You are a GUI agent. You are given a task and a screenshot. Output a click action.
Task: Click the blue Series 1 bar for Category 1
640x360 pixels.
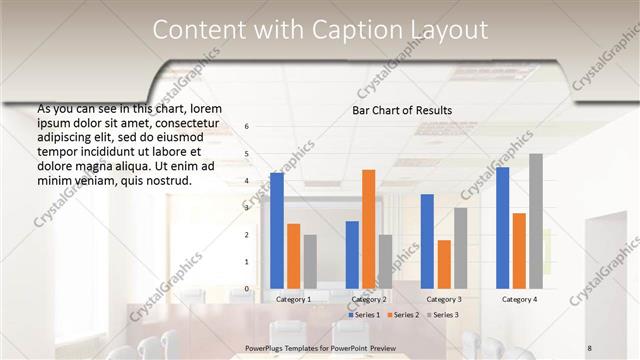[x=277, y=231]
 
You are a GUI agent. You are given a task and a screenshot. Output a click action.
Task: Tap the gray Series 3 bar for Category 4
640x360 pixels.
[x=536, y=221]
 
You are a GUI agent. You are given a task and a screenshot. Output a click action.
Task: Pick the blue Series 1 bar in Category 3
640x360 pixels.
[x=427, y=241]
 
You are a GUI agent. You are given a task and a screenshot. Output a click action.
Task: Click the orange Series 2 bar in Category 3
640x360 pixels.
[x=444, y=264]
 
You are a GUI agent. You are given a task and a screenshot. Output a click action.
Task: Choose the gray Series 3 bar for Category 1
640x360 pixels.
[x=310, y=261]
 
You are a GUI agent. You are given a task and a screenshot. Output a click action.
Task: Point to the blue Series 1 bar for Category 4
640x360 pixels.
[x=503, y=228]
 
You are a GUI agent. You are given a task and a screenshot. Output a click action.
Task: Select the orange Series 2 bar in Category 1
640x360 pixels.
[x=293, y=256]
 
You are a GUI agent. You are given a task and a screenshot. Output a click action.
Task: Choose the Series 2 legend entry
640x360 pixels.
[x=402, y=315]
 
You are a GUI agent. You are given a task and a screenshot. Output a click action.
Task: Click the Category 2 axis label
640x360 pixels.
[x=368, y=299]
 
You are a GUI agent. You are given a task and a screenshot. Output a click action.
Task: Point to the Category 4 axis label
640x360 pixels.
[x=519, y=299]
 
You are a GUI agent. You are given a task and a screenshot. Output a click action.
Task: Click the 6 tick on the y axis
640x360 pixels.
[x=247, y=126]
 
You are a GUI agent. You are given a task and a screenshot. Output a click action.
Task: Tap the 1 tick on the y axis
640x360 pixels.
[x=247, y=262]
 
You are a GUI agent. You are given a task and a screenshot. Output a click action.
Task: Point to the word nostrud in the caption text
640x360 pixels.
[x=162, y=181]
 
